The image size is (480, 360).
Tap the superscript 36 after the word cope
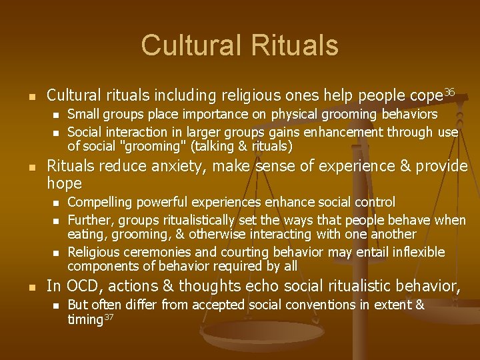pos(449,91)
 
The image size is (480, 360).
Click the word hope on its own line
pos(65,183)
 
